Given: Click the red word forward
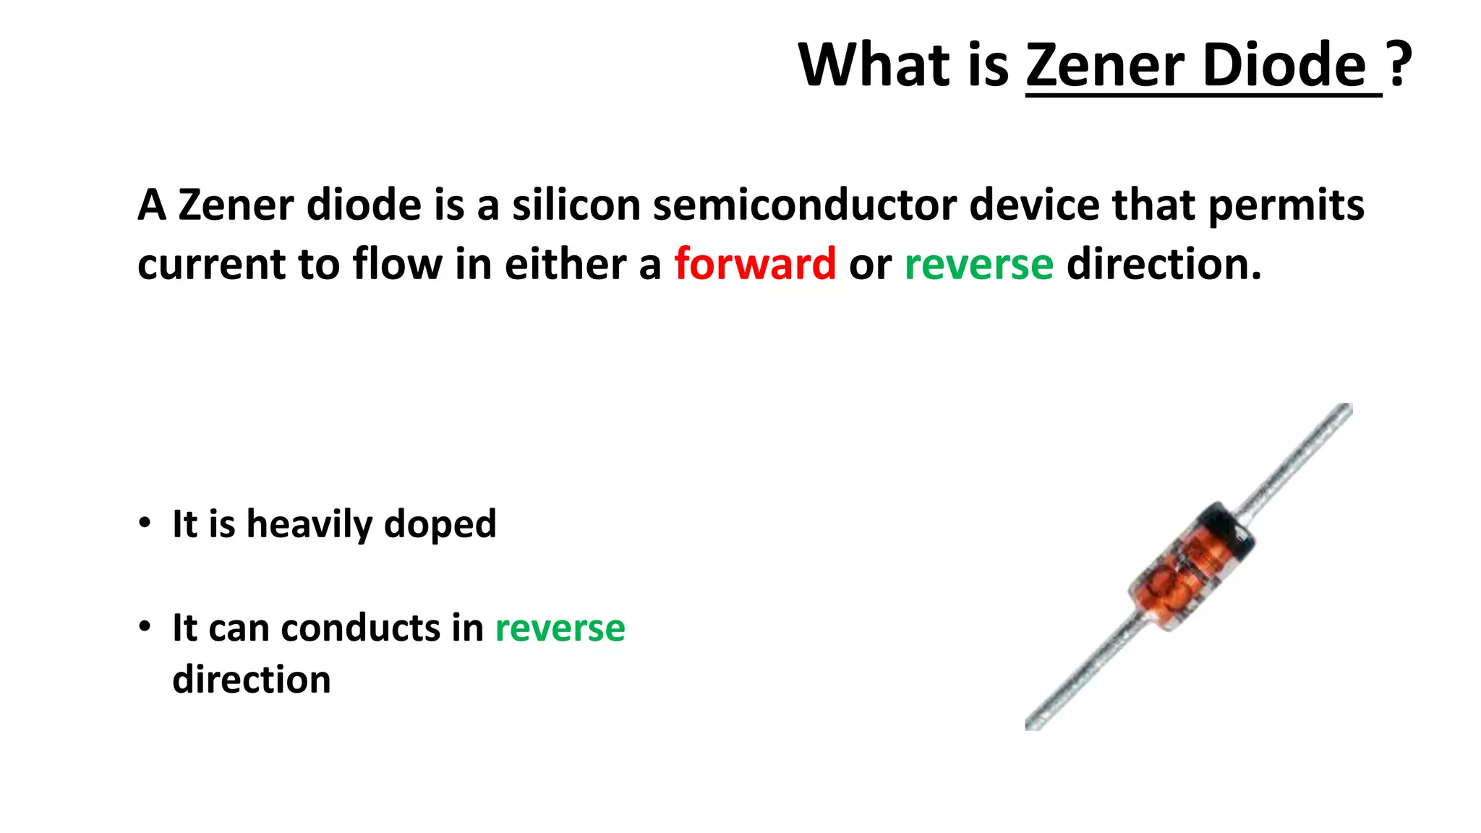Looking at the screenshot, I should (755, 264).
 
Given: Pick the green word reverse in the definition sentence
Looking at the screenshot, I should (978, 264).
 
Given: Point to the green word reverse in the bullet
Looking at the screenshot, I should (560, 628).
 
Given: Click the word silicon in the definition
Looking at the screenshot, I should (576, 205).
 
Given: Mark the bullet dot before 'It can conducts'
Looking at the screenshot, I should (145, 625).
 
